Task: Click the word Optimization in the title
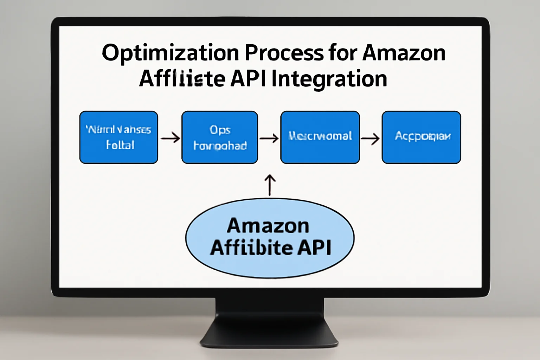(x=171, y=53)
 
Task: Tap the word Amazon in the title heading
(x=404, y=53)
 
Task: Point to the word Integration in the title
(x=329, y=79)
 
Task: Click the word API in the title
(x=249, y=78)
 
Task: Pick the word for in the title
(x=343, y=53)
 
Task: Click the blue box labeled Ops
(x=220, y=137)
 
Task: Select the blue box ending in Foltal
(x=119, y=137)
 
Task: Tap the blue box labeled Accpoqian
(x=421, y=137)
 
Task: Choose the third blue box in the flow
(x=320, y=137)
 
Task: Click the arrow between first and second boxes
(x=170, y=138)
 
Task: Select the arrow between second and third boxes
(x=269, y=138)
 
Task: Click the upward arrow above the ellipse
(x=270, y=185)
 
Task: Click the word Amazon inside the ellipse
(x=268, y=226)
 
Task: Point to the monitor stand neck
(x=269, y=309)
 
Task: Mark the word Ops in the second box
(x=220, y=130)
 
